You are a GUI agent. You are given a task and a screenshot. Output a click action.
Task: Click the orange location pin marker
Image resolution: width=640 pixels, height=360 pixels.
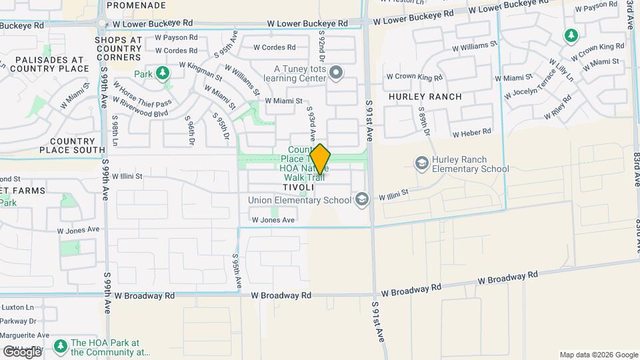coord(320,159)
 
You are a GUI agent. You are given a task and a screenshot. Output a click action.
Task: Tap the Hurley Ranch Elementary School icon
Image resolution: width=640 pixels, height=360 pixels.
coord(421,163)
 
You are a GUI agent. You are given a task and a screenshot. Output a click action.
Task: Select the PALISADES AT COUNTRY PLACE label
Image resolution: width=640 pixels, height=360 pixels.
coord(50,63)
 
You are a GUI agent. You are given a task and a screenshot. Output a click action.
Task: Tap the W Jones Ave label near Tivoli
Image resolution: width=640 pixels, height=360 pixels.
coord(273,220)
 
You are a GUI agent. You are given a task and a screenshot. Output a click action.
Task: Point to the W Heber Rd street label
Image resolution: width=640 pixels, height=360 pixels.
coord(471,133)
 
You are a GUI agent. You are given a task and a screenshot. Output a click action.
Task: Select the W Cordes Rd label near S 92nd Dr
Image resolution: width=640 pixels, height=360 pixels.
coord(274,47)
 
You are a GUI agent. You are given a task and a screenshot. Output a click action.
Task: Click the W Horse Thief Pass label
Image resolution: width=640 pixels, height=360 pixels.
coord(142,94)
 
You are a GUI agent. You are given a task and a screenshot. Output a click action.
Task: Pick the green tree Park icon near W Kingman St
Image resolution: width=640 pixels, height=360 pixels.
coord(163,73)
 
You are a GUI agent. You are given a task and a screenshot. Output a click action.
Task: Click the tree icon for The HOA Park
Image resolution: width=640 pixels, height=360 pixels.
coord(60,345)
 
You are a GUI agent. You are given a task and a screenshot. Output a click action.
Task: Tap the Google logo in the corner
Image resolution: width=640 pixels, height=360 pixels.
coord(21,351)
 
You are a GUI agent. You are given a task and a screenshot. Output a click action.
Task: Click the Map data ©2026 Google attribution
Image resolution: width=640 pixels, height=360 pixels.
coord(599,355)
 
